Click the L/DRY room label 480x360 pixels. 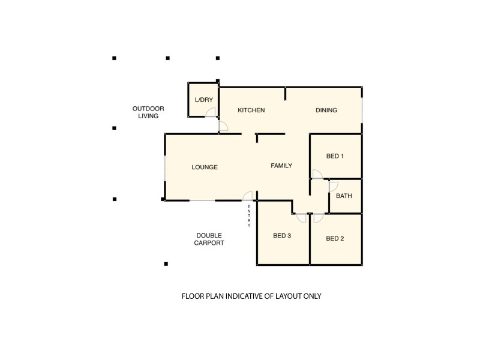pos(204,100)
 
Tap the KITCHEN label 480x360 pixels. pos(251,110)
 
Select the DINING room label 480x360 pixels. pos(326,110)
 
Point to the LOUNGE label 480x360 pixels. pos(205,167)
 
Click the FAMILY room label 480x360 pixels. pos(281,166)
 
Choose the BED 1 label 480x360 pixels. pos(335,157)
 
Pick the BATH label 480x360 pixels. pos(344,196)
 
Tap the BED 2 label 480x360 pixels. pos(335,238)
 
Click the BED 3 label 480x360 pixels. pos(282,236)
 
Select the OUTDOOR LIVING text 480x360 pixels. pos(148,112)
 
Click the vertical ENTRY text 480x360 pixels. pos(249,216)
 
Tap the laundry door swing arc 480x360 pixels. pos(211,113)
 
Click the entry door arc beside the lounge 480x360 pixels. pos(247,196)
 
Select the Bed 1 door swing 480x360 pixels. pos(317,175)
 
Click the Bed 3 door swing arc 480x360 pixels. pos(301,218)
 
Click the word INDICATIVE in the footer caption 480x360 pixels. pos(249,296)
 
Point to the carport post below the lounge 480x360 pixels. pos(166,263)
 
